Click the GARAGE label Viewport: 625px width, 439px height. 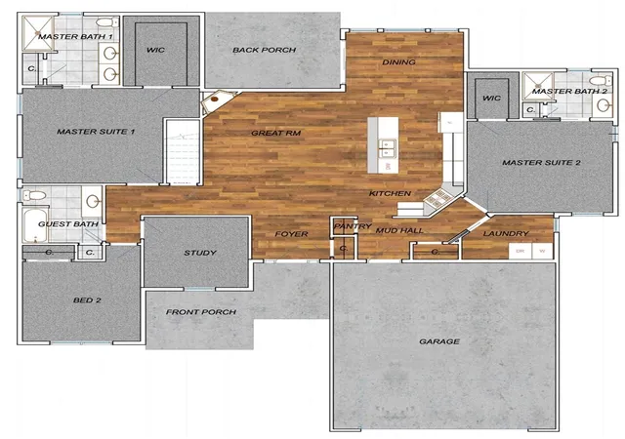tap(439, 341)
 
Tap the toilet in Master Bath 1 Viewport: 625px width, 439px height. tap(106, 21)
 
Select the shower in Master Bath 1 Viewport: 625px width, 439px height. tap(38, 33)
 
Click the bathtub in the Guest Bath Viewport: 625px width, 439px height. tap(35, 225)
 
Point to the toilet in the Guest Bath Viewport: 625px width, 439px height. tap(34, 195)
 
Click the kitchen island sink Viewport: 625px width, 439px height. tap(387, 147)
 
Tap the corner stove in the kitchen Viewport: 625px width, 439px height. tap(437, 198)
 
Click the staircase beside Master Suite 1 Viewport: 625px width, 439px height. tap(183, 151)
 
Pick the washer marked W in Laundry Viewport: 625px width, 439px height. tap(542, 252)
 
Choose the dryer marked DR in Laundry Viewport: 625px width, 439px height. tap(520, 252)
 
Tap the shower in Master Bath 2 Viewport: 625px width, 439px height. tap(538, 86)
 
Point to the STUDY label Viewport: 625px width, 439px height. tap(200, 253)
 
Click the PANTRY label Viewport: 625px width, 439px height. tap(353, 226)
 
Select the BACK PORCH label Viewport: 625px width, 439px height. tap(265, 50)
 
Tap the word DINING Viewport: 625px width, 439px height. tap(398, 62)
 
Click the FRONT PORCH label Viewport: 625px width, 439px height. tap(201, 312)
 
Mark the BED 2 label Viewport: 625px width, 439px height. tap(87, 300)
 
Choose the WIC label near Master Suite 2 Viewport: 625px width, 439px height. tap(491, 98)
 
